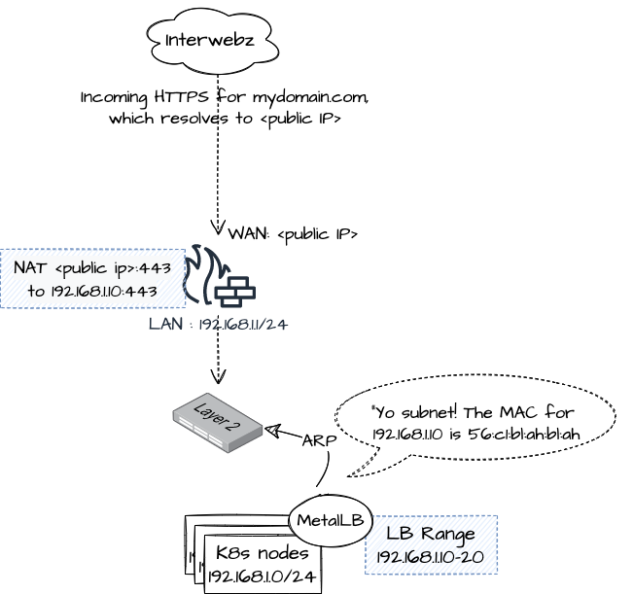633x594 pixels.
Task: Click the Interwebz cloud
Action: (x=211, y=41)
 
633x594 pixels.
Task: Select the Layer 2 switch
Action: (x=218, y=423)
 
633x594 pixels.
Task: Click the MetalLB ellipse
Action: (x=331, y=521)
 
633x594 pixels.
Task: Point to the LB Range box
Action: (x=431, y=544)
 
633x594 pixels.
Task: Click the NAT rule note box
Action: (x=92, y=279)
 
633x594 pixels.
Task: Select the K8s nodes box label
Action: (x=262, y=553)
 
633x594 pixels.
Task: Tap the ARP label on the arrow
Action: (x=319, y=440)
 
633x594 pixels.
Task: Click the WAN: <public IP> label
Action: (x=293, y=234)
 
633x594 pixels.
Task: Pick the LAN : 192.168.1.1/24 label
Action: (x=218, y=325)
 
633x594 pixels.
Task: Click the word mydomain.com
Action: (x=309, y=98)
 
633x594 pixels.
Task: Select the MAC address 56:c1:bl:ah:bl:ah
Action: (x=520, y=434)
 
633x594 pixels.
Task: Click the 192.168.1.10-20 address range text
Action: (x=431, y=556)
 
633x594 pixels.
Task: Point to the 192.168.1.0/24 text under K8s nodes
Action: (x=262, y=576)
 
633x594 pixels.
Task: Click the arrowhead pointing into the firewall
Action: (x=218, y=228)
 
